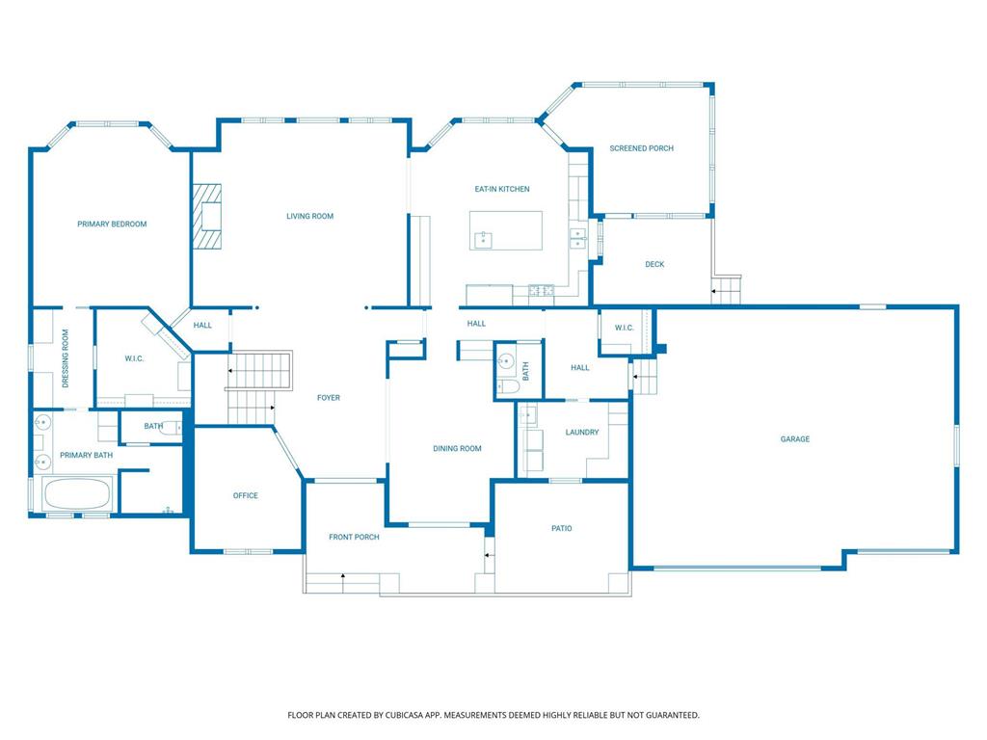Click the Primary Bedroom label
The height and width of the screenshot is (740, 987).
(112, 224)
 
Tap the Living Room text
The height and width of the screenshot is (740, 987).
(309, 216)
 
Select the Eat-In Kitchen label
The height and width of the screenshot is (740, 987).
(501, 189)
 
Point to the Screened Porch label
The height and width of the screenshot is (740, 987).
(641, 148)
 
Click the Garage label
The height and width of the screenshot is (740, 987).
(795, 439)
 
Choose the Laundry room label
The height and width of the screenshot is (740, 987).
(582, 433)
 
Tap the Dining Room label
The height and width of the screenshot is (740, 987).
(457, 449)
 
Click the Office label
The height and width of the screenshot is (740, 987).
(246, 496)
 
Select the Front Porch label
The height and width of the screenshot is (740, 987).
(354, 537)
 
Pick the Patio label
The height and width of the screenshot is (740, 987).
(562, 529)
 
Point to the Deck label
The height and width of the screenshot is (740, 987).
(654, 264)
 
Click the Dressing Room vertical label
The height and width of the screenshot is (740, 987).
(66, 358)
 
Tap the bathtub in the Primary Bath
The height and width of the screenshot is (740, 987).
(78, 494)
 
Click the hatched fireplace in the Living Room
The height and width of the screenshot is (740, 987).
(206, 216)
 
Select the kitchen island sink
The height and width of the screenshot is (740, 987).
(484, 240)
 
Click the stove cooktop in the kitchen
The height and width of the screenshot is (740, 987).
(541, 291)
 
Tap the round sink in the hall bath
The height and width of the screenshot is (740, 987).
(505, 362)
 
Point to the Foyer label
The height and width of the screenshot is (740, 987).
(329, 398)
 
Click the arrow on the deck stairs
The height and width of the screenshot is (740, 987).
(715, 291)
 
